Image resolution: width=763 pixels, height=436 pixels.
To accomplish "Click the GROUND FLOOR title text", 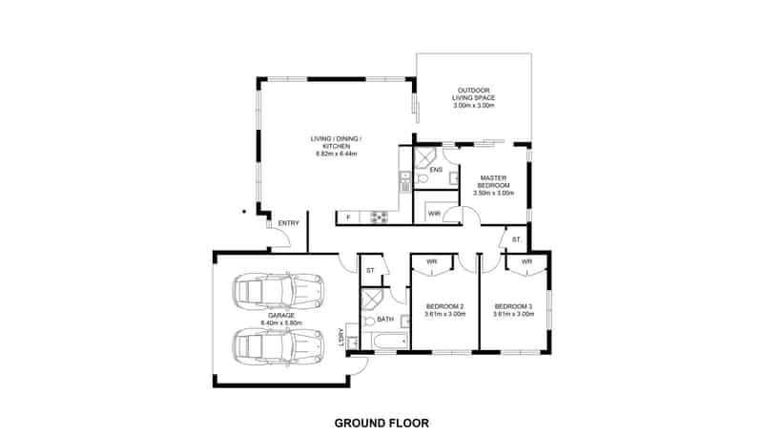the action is pos(381,423).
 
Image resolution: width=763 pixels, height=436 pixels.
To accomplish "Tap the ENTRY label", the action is pos(289,223).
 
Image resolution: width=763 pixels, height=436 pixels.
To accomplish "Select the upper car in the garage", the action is pos(278,292).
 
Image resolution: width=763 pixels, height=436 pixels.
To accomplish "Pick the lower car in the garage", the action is pos(278,346).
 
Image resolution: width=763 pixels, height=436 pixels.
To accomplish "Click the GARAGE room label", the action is pos(281,316).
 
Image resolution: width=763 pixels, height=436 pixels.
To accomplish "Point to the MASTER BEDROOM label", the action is pos(493,181).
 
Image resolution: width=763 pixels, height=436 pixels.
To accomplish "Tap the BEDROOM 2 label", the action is pos(444,306).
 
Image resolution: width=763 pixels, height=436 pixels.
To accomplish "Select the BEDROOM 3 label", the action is pos(513,306).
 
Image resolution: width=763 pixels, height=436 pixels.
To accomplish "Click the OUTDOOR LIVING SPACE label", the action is pos(473,93).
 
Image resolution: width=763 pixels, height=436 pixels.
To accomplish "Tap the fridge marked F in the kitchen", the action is pos(348,217).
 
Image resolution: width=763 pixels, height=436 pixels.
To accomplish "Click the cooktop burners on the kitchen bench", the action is pos(379,217).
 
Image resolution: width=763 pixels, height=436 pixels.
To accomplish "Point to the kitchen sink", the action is pos(404,181).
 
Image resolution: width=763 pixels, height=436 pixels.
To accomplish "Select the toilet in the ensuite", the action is pos(421,178).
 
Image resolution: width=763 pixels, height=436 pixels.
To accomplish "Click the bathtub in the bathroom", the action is pos(386,341).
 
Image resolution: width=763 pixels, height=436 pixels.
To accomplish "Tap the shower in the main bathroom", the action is pos(372,300).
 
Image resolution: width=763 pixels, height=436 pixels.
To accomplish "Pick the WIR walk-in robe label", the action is pos(435,214).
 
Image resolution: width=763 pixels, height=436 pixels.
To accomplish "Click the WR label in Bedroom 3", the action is pos(526,261).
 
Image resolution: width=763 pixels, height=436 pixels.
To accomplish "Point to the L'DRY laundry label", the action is pos(341,337).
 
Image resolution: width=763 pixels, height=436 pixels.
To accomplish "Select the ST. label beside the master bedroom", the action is pos(516,239).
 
